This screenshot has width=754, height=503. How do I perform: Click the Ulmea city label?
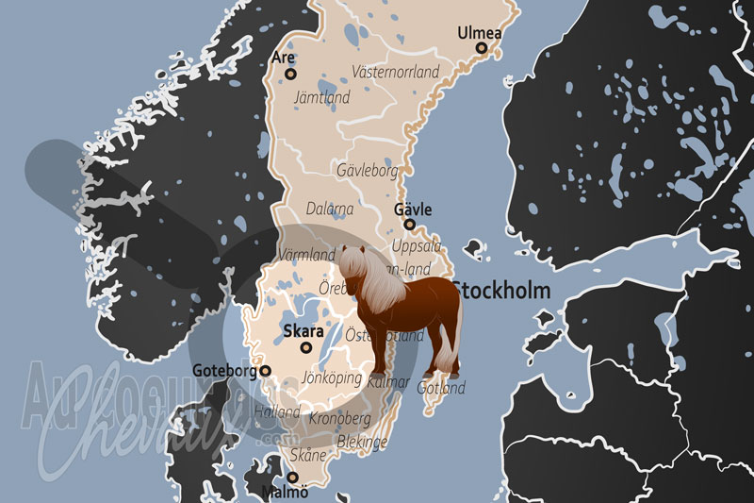click(480, 33)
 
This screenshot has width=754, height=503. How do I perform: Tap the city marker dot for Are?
click(290, 73)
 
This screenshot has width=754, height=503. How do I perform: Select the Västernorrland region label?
click(395, 72)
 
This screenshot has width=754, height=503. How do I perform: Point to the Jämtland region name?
click(322, 97)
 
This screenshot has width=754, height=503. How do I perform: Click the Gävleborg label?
click(368, 171)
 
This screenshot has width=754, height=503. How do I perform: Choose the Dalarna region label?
click(330, 209)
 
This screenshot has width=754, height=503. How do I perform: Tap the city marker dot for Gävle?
click(409, 225)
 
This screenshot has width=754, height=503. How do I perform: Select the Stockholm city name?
click(500, 290)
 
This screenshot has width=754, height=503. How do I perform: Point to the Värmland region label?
click(307, 255)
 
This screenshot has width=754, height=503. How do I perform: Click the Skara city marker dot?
click(305, 347)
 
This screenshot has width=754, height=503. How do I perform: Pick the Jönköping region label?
click(332, 377)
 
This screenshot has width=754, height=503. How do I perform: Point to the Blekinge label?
click(362, 441)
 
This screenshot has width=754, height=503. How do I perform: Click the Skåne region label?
click(308, 456)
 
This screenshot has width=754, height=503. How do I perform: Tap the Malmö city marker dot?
click(290, 478)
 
